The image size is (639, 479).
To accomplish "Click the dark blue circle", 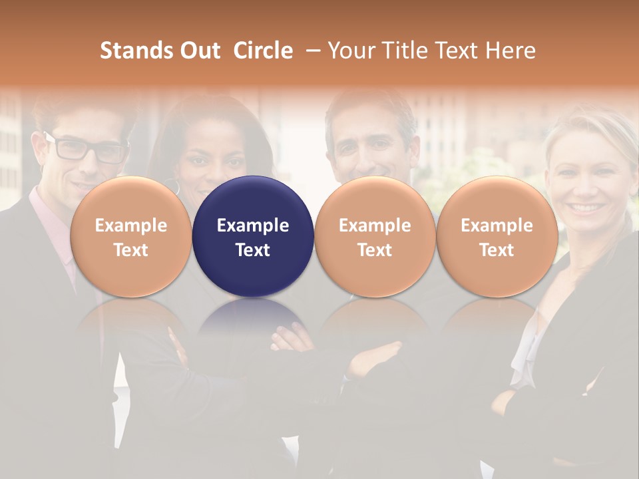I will [x=253, y=237].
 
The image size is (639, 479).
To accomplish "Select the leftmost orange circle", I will [x=130, y=237].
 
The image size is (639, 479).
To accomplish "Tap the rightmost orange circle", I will [x=497, y=237].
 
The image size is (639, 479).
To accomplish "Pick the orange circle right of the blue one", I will [x=375, y=237].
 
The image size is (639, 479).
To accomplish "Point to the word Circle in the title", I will [x=263, y=51].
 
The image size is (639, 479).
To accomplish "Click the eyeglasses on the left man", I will [x=87, y=148].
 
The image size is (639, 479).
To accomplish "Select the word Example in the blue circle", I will [x=253, y=226].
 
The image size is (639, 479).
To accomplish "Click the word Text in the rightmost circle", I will [x=497, y=250].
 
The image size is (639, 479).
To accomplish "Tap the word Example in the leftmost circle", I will [x=130, y=226].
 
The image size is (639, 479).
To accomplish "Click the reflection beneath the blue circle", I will [x=253, y=319].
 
